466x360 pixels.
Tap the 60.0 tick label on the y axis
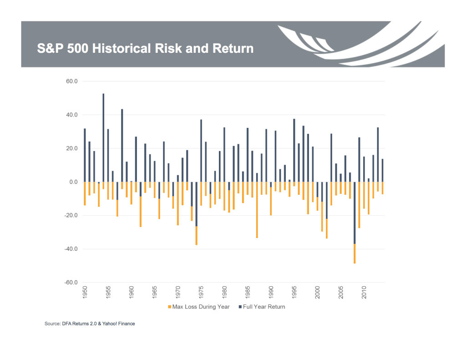tap(72, 81)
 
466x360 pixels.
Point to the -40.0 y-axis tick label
tap(71, 249)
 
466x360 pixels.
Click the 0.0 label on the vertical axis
tap(73, 182)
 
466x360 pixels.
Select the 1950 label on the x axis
tap(85, 293)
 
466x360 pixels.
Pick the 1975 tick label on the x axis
tap(201, 293)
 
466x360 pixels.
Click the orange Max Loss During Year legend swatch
tap(169, 307)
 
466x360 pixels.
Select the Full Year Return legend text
tap(264, 307)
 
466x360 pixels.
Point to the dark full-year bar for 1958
tap(122, 146)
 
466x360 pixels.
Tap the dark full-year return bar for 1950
tap(85, 155)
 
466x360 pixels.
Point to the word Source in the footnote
tap(51, 324)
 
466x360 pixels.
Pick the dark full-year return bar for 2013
tap(378, 155)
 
